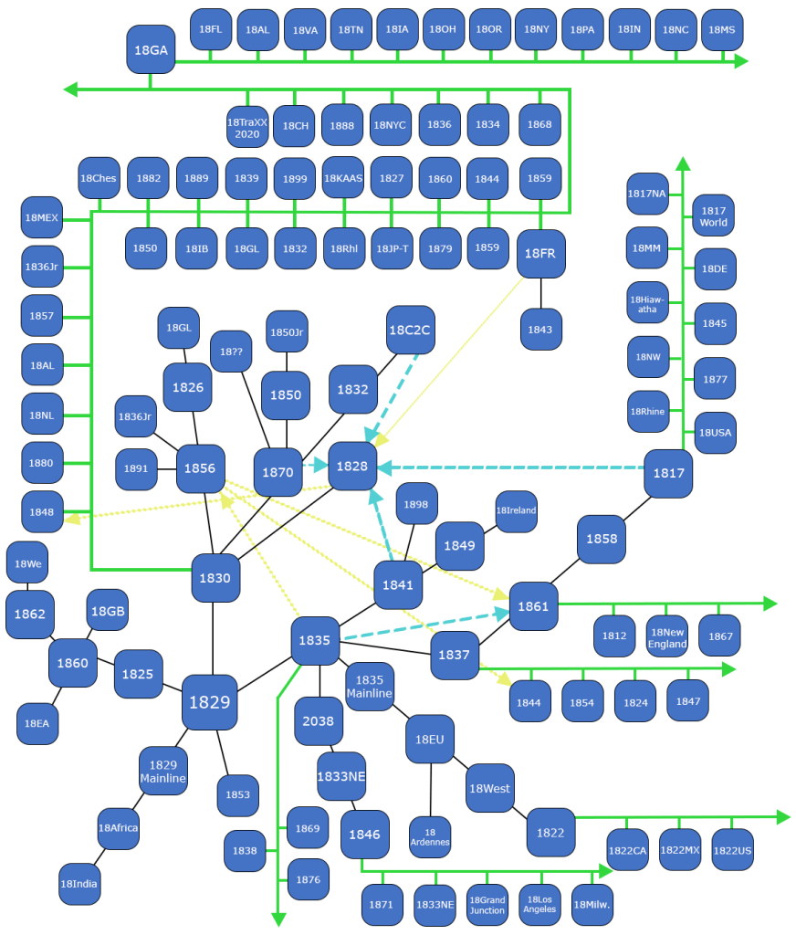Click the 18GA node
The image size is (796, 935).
click(151, 49)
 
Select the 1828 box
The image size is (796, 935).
click(352, 467)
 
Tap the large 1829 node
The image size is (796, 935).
click(210, 702)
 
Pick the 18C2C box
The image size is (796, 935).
click(410, 330)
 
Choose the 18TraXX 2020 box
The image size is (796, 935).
click(247, 126)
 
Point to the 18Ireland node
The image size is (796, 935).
click(516, 510)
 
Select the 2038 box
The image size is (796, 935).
click(318, 721)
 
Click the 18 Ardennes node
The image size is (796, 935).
click(430, 836)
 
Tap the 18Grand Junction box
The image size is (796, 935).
click(487, 905)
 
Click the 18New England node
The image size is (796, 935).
click(667, 636)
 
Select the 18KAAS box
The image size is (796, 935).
click(343, 178)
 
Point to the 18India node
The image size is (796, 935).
click(79, 884)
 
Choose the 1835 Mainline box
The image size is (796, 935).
click(370, 687)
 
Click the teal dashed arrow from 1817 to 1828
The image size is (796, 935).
click(511, 467)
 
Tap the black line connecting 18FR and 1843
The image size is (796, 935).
click(541, 292)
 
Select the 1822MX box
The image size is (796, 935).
click(680, 851)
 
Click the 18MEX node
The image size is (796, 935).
click(42, 218)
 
